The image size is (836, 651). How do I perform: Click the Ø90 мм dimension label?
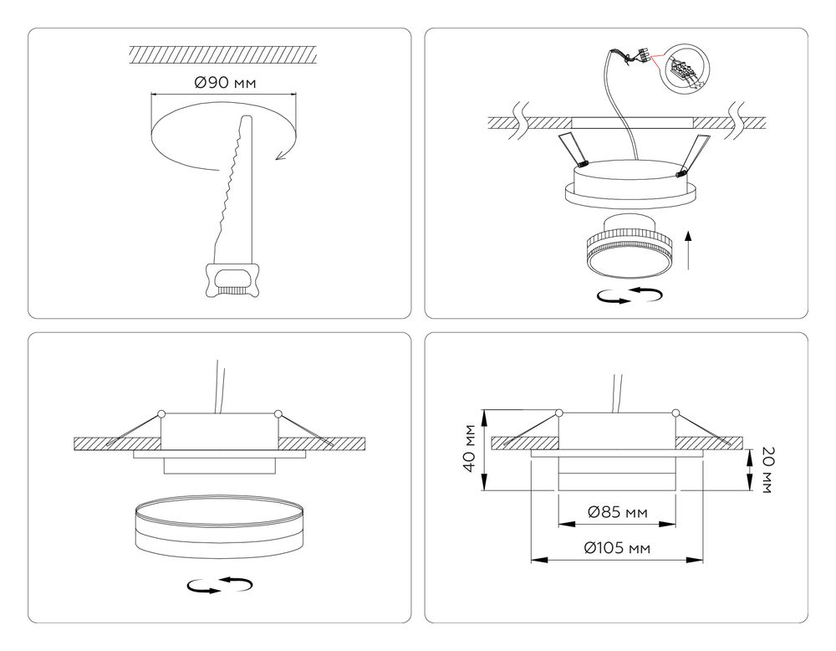[224, 83]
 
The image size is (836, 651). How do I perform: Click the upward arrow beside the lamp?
[688, 249]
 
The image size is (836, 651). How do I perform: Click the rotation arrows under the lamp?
[629, 295]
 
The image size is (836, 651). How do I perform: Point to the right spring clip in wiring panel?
[693, 154]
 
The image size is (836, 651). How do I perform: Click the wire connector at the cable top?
[643, 57]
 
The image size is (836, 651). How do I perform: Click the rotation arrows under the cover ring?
[220, 586]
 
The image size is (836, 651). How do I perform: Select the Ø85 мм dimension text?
[616, 511]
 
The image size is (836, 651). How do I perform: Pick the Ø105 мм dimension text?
[617, 548]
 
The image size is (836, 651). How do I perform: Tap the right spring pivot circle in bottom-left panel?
[277, 413]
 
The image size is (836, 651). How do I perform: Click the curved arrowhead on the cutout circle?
[282, 151]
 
